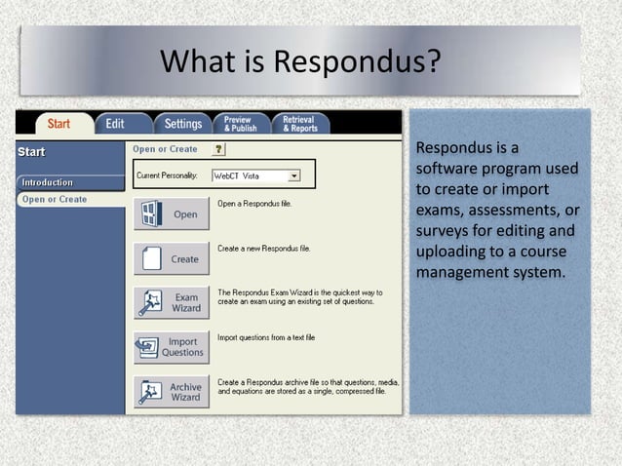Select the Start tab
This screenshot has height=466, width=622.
pos(59,124)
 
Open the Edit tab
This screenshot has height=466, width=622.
pos(115,124)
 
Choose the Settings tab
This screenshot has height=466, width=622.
pos(182,124)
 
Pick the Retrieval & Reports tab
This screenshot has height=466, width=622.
pos(298,124)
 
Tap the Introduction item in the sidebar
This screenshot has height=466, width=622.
pos(48,182)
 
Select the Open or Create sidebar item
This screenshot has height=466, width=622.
pos(55,199)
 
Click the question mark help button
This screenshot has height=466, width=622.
pos(218,149)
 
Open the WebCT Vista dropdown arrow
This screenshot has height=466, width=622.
pos(294,175)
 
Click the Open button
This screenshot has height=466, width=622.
pos(172,214)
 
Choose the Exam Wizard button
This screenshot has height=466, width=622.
pos(172,303)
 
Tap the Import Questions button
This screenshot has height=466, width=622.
pos(172,347)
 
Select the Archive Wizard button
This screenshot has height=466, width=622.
pos(172,392)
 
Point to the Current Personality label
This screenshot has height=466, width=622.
pos(165,175)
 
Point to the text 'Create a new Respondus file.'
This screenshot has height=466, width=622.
pos(264,249)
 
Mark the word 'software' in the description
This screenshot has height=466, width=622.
pos(447,170)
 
